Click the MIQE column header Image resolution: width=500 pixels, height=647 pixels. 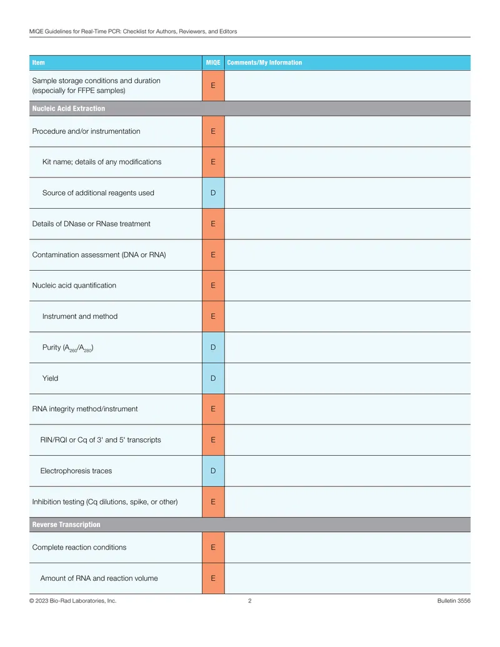(x=213, y=63)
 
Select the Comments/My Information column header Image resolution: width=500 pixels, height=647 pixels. (x=264, y=63)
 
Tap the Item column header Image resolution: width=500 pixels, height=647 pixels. (x=38, y=63)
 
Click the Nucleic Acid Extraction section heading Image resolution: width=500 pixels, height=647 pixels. (x=69, y=109)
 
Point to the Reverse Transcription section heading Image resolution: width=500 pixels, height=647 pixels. (x=66, y=524)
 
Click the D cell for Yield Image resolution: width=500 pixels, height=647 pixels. (x=213, y=378)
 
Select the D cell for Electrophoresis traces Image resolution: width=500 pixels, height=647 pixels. (x=213, y=471)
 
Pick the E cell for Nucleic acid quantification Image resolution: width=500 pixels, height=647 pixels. (x=213, y=286)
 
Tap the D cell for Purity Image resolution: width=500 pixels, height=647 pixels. (x=213, y=348)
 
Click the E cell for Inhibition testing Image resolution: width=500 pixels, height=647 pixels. (x=213, y=502)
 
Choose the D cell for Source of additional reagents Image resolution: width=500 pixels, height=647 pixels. (x=213, y=193)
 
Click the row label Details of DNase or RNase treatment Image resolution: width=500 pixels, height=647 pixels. (x=91, y=224)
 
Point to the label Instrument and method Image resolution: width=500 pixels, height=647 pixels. (x=79, y=316)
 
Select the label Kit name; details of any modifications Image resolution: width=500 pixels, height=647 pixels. (x=101, y=162)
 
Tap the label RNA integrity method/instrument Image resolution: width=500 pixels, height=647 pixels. (x=84, y=409)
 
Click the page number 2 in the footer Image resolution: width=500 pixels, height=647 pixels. (x=249, y=601)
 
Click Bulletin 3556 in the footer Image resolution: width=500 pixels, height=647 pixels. (x=454, y=601)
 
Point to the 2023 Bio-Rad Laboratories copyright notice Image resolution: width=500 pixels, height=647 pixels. (x=72, y=601)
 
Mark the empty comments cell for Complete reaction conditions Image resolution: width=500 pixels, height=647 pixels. (x=347, y=548)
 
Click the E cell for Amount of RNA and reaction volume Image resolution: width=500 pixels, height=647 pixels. (x=213, y=578)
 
